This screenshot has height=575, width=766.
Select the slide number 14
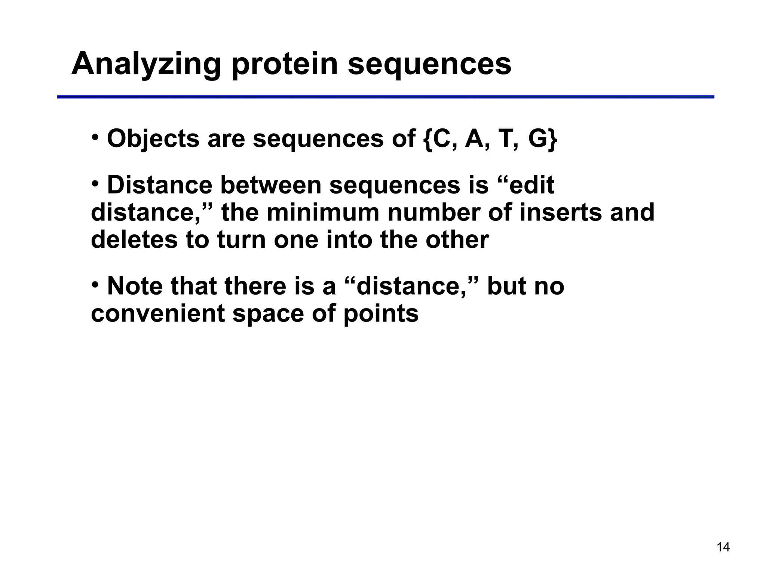pos(723,547)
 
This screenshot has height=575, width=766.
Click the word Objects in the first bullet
pos(153,139)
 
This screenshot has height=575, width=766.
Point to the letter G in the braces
pos(538,139)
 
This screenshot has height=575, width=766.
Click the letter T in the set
pos(505,139)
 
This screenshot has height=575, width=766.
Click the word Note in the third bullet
pos(135,286)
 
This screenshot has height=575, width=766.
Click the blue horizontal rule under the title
pos(385,97)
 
